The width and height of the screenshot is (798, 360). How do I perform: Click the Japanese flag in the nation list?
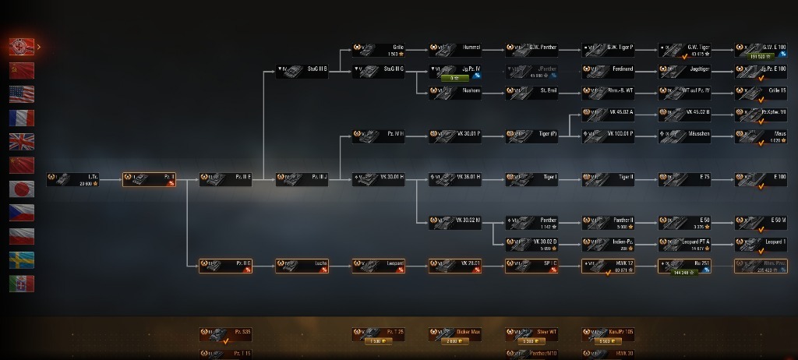point(22,189)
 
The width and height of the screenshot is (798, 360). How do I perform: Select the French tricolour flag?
point(22,118)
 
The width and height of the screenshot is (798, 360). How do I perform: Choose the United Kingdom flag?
point(22,142)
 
